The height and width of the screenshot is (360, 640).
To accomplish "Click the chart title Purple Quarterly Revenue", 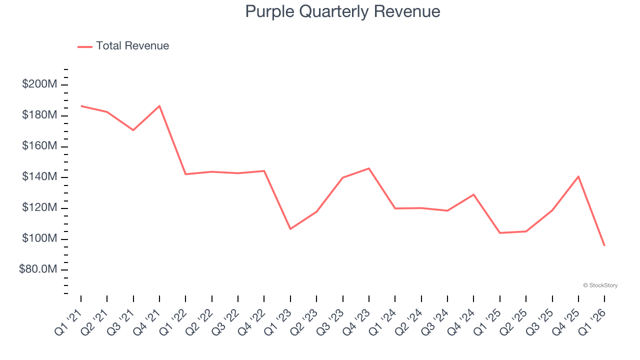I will pos(342,11).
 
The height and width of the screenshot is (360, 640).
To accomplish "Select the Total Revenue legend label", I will pos(132,46).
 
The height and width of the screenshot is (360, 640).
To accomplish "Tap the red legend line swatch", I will pos(85,46).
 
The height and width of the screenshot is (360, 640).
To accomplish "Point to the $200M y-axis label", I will pos(39,84).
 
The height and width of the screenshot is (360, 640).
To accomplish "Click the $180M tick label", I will pos(39,115).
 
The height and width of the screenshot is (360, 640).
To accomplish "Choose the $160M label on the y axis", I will pos(39,146).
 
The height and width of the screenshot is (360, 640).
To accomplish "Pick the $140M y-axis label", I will pos(39,177).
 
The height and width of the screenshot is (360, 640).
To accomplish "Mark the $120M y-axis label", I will pos(39,208).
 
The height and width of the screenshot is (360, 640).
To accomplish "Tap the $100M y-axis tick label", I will pos(39,239).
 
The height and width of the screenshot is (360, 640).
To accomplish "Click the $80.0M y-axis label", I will pos(37,270).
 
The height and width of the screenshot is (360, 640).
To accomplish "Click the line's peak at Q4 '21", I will pos(159,106).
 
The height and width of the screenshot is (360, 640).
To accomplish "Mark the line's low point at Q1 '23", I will pos(290,229).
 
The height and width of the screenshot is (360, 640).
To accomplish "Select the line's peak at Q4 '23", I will pos(369,168).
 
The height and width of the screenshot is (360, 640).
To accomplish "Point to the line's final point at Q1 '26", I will pos(604,245).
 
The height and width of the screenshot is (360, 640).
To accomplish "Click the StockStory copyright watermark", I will pos(600,285).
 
